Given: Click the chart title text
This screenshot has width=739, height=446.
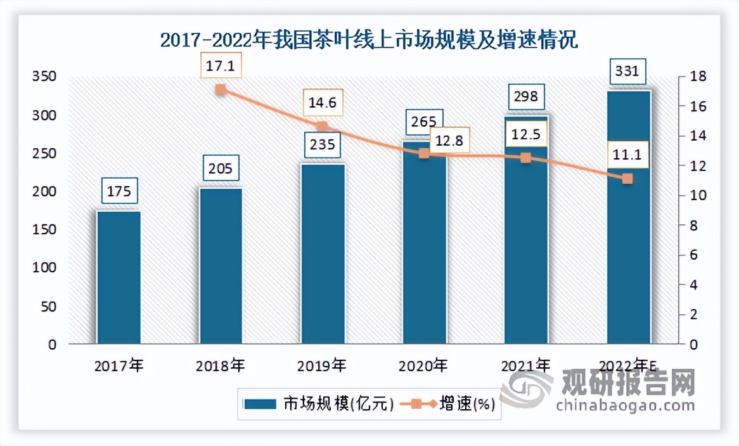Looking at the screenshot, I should click(369, 41).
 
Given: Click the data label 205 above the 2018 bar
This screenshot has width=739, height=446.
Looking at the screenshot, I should click(221, 169).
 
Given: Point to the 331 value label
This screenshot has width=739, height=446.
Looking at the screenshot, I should click(628, 71).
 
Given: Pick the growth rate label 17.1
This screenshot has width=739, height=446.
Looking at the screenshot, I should click(221, 65).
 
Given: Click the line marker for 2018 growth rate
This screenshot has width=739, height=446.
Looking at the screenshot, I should click(221, 90).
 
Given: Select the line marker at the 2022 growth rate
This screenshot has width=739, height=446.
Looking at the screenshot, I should click(627, 179).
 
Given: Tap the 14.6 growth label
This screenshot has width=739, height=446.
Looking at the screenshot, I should click(323, 102).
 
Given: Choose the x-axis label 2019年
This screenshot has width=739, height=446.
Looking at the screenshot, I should click(323, 365).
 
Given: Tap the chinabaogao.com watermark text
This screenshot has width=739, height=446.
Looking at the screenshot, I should click(625, 405).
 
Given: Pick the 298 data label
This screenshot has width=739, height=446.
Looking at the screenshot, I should click(525, 96).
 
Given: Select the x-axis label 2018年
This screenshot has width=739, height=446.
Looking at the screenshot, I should click(221, 365).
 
